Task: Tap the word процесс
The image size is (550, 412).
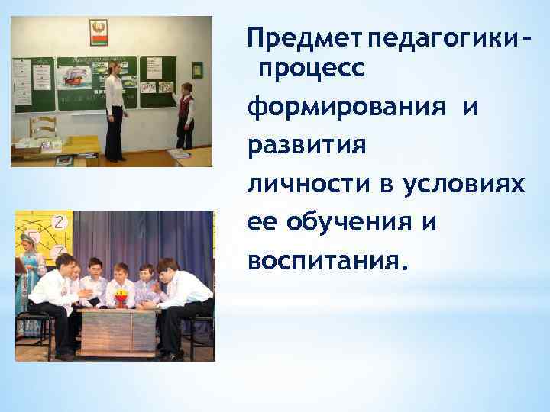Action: click(313, 69)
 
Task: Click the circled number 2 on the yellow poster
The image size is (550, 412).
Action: click(60, 222)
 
